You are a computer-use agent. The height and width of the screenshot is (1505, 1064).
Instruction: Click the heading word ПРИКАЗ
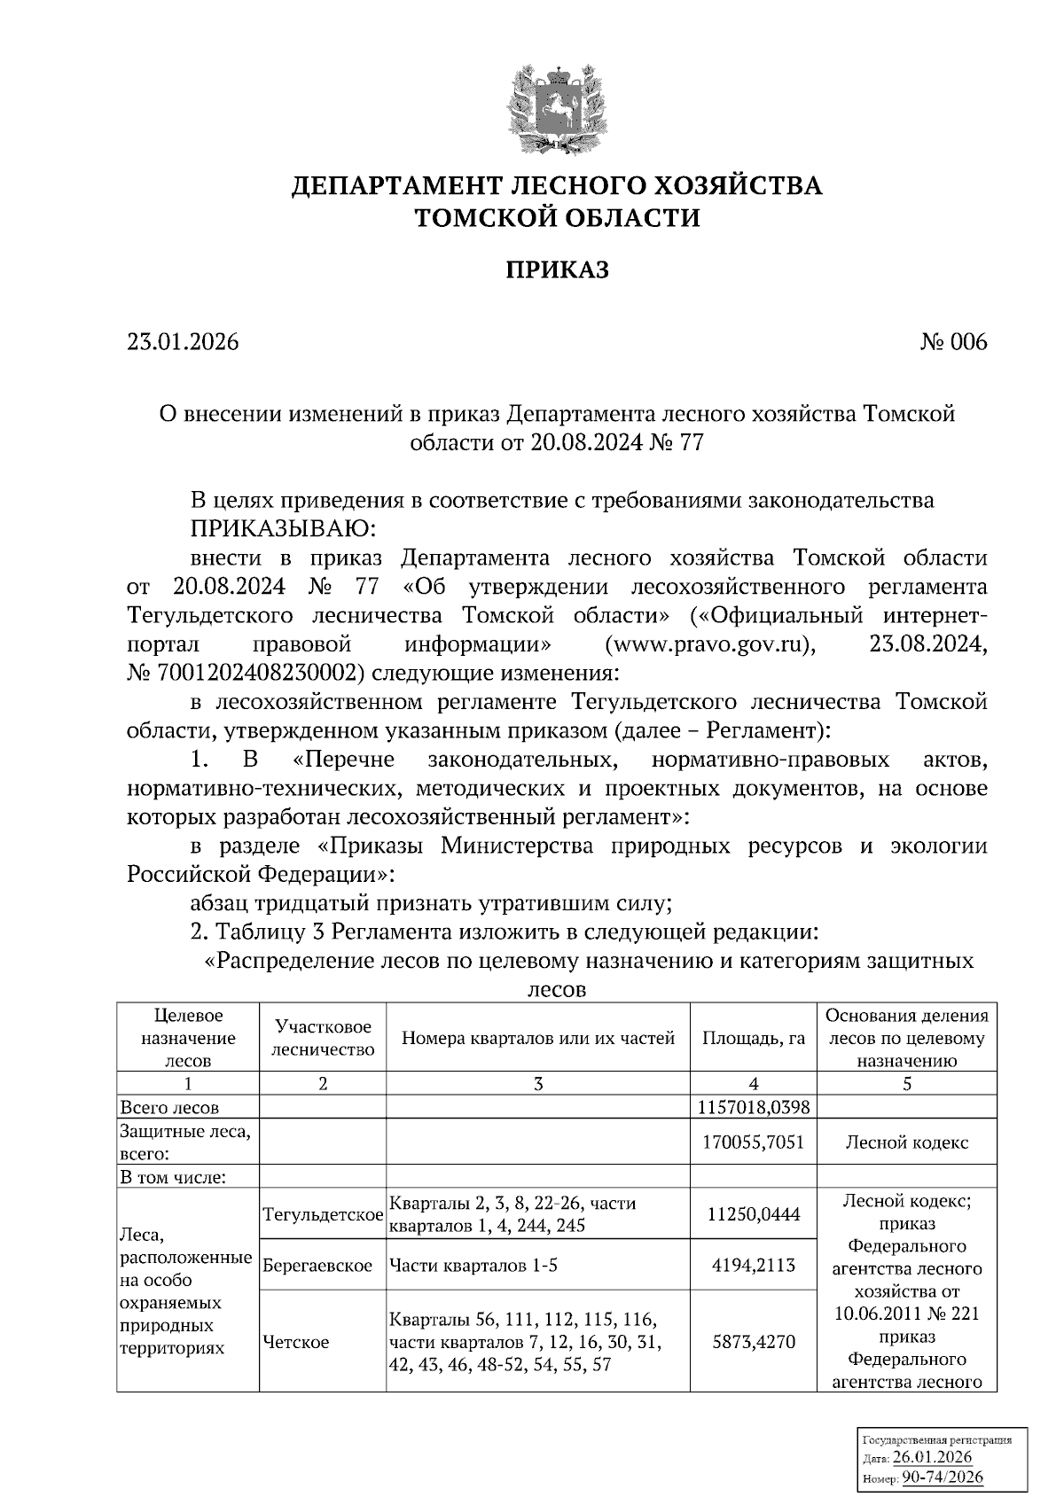[x=557, y=270]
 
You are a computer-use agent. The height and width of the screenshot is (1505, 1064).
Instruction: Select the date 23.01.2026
[x=183, y=342]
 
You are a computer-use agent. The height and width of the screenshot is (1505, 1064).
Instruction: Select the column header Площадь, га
[x=754, y=1038]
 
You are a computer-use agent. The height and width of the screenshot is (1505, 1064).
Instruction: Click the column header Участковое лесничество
[x=323, y=1038]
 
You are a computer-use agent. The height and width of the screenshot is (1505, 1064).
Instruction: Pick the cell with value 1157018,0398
[x=754, y=1107]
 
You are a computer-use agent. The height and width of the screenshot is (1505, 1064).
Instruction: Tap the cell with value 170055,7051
[x=754, y=1142]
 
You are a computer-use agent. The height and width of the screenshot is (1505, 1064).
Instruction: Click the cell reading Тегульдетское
[x=323, y=1215]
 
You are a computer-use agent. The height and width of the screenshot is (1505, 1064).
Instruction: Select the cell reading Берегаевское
[x=317, y=1266]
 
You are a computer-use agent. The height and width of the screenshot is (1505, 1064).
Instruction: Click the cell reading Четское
[x=295, y=1342]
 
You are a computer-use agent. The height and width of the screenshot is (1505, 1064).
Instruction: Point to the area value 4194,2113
[x=754, y=1266]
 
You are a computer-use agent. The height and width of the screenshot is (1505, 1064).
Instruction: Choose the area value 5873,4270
[x=754, y=1342]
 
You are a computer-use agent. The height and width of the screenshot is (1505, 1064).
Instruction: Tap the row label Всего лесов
[x=169, y=1107]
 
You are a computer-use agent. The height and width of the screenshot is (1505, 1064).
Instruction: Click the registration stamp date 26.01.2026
[x=931, y=1458]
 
